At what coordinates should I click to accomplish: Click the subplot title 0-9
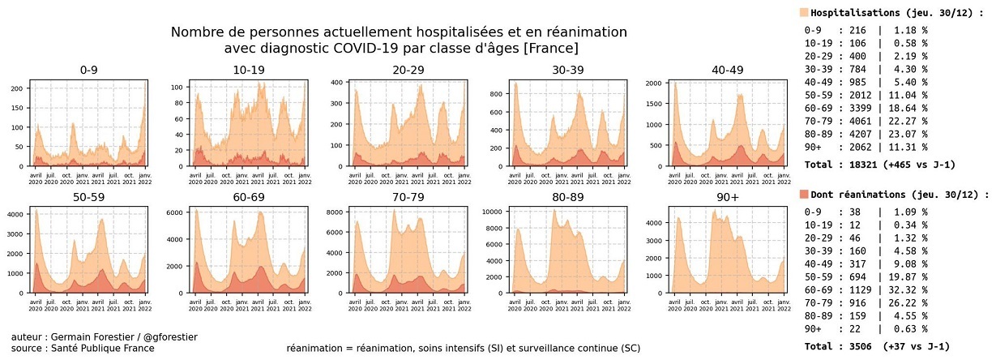89,70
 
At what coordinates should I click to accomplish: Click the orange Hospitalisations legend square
803,12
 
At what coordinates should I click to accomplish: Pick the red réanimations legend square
803,195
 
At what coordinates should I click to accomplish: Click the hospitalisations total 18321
860,165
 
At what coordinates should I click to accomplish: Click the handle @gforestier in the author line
168,336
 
